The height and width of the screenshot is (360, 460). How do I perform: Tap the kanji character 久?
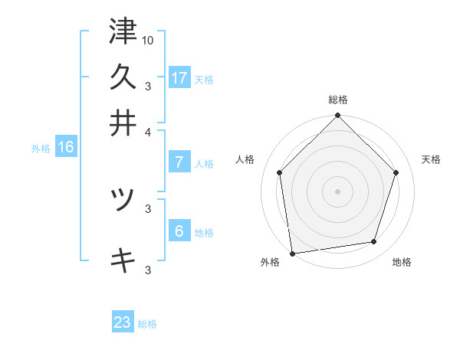[x=123, y=77]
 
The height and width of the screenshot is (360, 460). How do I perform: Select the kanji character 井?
[x=123, y=122]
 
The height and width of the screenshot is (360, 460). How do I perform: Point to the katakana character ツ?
[x=123, y=200]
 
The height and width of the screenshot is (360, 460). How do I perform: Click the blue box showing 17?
[x=179, y=78]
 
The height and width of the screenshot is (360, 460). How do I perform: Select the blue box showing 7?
[x=179, y=162]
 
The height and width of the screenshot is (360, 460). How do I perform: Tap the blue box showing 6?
[x=179, y=231]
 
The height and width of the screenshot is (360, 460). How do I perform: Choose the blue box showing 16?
[x=66, y=147]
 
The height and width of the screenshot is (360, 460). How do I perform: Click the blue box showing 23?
[x=123, y=322]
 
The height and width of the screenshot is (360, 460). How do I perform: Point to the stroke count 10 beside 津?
[x=148, y=39]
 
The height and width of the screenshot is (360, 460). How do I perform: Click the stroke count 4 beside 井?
[x=149, y=131]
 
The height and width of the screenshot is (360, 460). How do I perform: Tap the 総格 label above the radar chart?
[x=338, y=100]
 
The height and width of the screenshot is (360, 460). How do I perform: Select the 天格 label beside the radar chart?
[x=431, y=159]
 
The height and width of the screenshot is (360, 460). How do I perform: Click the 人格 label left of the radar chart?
[x=245, y=159]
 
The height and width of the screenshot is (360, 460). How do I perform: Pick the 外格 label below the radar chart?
[x=270, y=262]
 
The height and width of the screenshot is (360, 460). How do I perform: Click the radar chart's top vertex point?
[x=338, y=116]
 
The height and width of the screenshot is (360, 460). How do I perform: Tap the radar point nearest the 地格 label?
[x=374, y=242]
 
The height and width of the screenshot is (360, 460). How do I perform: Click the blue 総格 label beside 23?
[x=147, y=324]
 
